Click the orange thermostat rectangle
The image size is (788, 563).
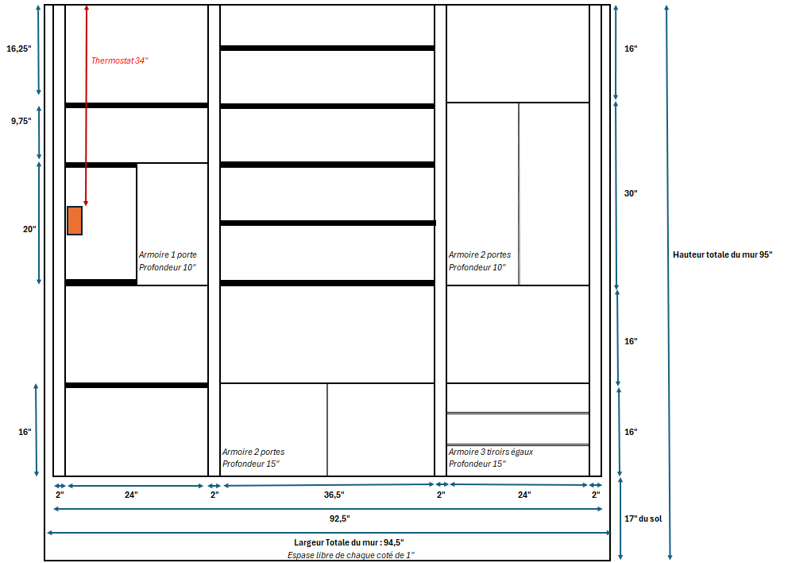point(75,220)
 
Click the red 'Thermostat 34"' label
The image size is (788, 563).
point(120,60)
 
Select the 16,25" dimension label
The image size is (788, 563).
point(18,49)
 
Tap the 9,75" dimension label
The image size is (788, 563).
point(21,121)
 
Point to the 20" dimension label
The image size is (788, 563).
point(29,229)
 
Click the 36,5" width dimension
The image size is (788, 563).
point(334,495)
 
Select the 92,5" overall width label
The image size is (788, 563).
point(340,518)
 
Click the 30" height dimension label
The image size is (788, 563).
point(631,193)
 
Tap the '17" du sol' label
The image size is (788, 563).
point(643,518)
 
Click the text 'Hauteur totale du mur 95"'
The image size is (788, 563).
point(723,254)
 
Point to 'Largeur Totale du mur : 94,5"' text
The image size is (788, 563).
point(349,542)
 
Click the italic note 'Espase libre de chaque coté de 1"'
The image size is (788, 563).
point(351,555)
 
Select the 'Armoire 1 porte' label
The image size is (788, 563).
point(168,254)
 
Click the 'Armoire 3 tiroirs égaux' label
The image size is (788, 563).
point(490,452)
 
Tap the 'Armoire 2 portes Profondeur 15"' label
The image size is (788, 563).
point(253,458)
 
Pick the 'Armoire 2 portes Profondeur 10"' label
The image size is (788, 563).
point(480,261)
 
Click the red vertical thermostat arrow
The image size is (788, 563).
point(86,106)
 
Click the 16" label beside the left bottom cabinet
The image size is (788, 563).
point(25,432)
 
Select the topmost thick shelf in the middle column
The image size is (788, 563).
point(327,49)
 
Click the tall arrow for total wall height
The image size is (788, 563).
point(668,282)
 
